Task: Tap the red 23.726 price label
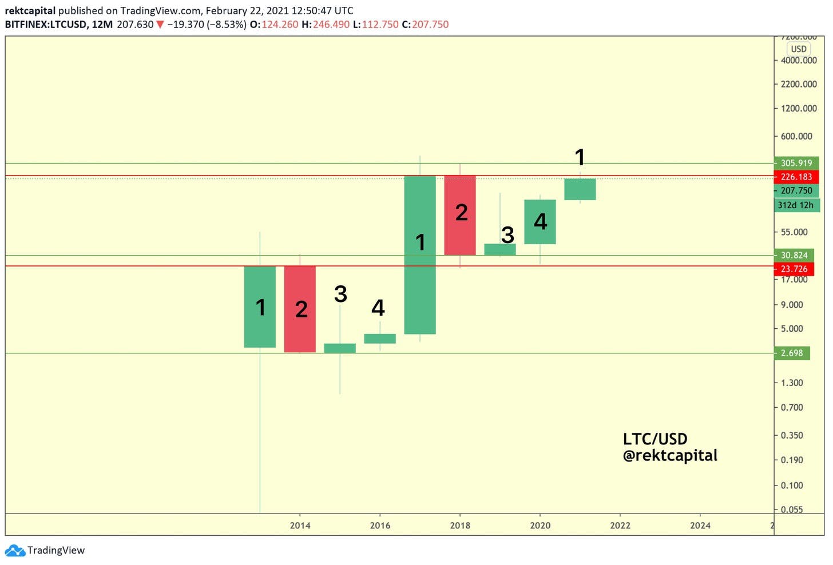point(794,269)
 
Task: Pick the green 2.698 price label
point(792,353)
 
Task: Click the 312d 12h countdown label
point(796,205)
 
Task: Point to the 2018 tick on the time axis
point(460,525)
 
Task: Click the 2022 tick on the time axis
point(620,525)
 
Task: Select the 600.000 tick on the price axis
point(796,136)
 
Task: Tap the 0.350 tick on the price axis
point(792,435)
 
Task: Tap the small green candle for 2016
point(380,339)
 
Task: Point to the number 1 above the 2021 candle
point(580,157)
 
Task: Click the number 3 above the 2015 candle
point(340,294)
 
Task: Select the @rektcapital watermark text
point(670,456)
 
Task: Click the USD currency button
point(798,49)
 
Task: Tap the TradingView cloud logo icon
point(15,550)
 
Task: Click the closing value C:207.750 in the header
point(425,25)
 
